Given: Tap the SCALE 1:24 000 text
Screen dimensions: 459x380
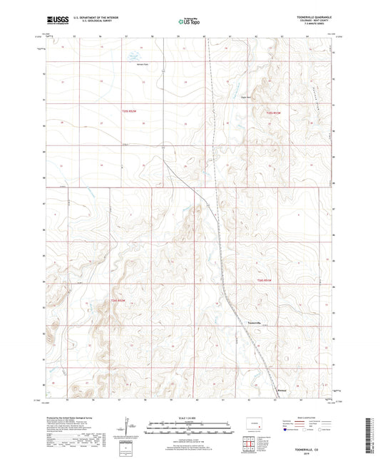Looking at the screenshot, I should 190,418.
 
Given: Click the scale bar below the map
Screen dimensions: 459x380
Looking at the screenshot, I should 190,428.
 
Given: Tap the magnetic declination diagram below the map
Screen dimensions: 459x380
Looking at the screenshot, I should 128,429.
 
